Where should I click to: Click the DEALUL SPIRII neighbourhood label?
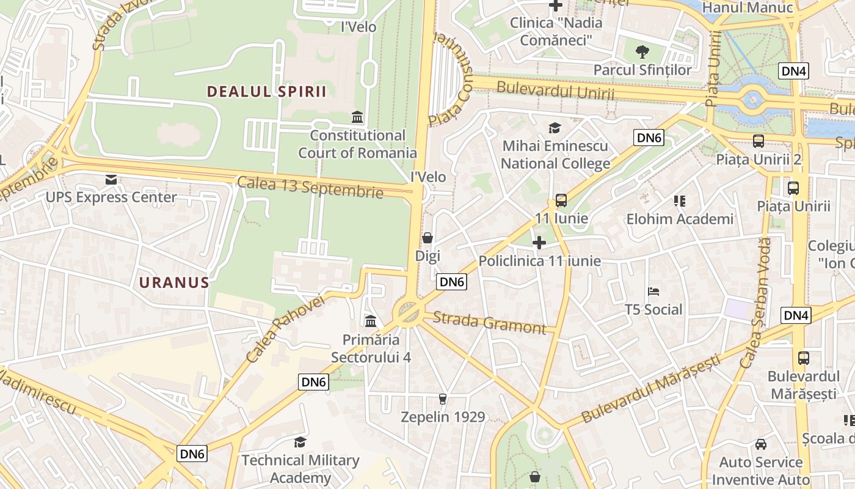click(x=266, y=92)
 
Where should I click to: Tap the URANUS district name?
click(x=174, y=282)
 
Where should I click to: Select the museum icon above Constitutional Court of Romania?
click(x=357, y=117)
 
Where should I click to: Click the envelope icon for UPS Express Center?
click(x=111, y=179)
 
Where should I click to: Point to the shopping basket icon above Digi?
click(x=428, y=237)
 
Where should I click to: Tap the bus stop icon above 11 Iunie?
click(x=561, y=200)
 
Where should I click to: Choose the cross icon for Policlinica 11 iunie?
click(x=539, y=243)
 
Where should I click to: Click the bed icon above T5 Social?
click(x=653, y=291)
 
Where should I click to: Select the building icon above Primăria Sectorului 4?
click(x=370, y=321)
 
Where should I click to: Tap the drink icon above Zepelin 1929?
click(x=443, y=399)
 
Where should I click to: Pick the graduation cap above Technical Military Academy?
click(x=300, y=442)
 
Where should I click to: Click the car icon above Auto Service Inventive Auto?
click(x=761, y=444)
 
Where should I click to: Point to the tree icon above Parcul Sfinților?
click(x=642, y=51)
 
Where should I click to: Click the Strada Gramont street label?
click(x=489, y=323)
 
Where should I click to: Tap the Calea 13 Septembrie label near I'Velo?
click(x=310, y=187)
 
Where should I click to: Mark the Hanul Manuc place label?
click(x=748, y=7)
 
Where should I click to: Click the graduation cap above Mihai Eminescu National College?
click(x=555, y=128)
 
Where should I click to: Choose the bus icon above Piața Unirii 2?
click(x=759, y=141)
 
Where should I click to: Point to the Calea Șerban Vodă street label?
click(x=755, y=303)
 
